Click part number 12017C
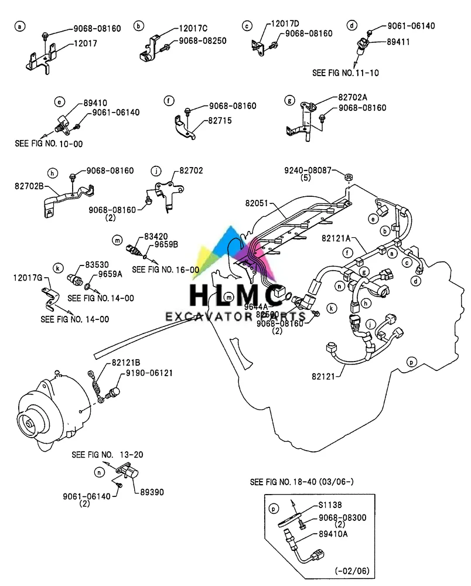point(194,28)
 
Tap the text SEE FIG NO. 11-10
point(346,73)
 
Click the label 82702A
point(355,98)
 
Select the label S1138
point(330,505)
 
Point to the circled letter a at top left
point(20,26)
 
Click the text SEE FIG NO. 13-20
point(107,454)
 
